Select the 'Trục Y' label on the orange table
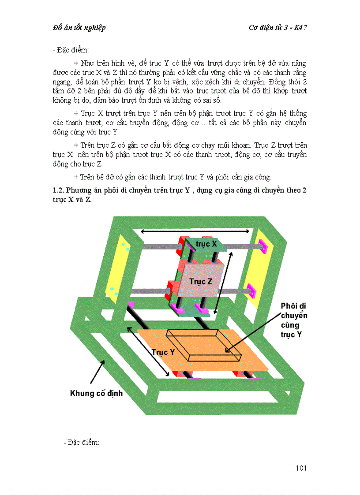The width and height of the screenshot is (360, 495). (163, 352)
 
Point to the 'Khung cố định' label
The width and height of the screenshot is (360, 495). (96, 393)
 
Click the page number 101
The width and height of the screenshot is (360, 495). (301, 468)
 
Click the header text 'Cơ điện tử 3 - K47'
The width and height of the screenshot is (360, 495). (278, 27)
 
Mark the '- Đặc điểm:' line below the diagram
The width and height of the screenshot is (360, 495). (81, 442)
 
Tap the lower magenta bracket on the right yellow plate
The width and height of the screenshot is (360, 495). (251, 291)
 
